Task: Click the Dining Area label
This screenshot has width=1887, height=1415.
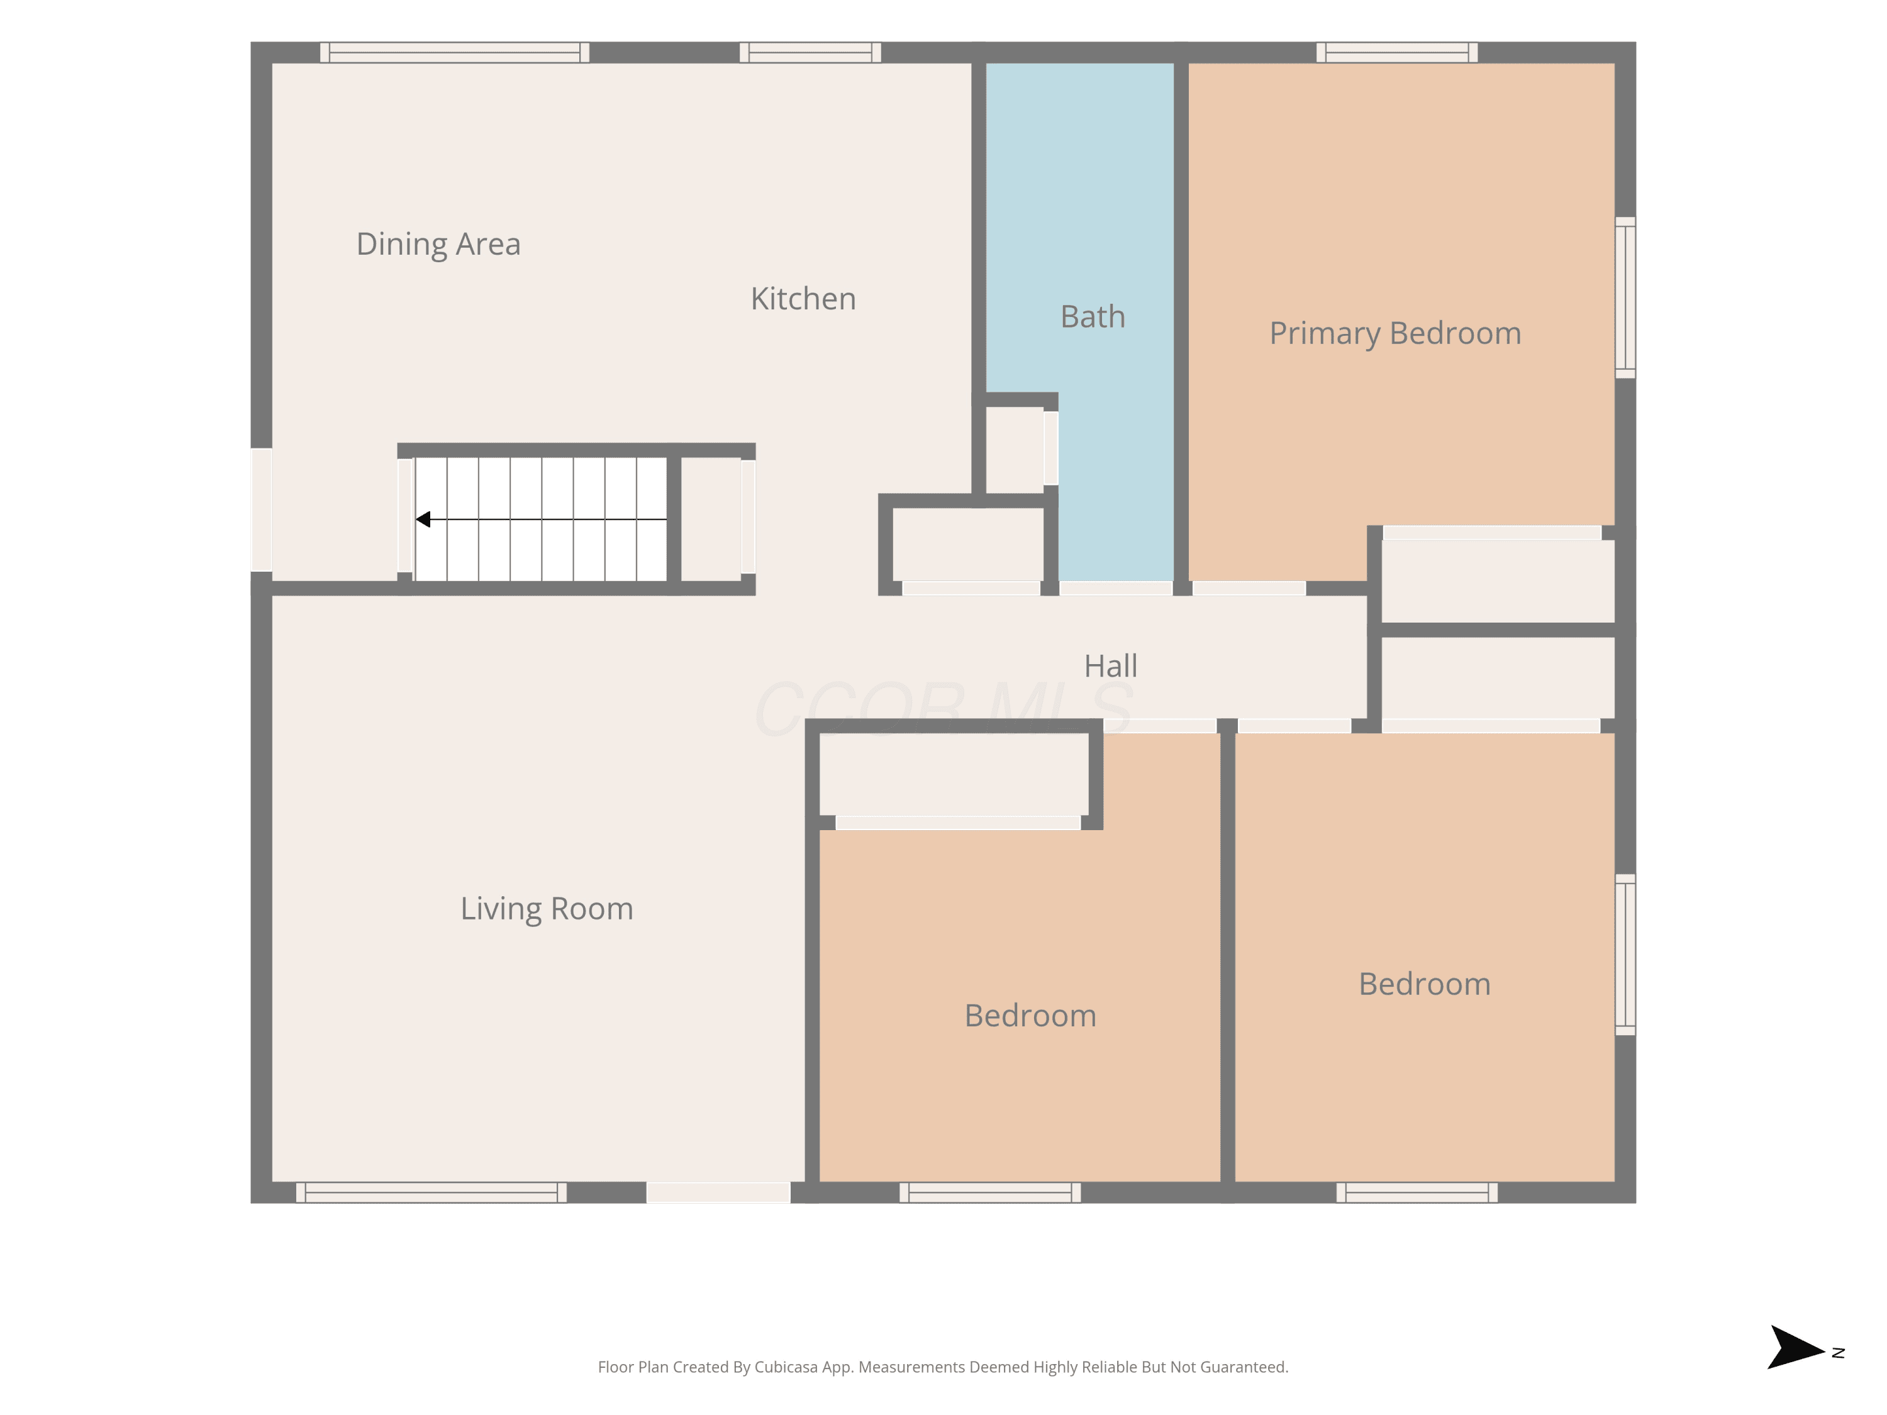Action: [x=438, y=245]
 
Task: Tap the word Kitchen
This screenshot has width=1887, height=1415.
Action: [x=803, y=299]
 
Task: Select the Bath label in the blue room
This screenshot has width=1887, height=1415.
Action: [x=1092, y=316]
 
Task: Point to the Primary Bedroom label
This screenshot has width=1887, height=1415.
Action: [x=1394, y=333]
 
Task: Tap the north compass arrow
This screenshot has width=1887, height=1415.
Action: [x=1795, y=1348]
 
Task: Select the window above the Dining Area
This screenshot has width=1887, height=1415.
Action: [x=455, y=53]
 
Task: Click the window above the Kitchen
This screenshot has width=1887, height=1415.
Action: [x=810, y=53]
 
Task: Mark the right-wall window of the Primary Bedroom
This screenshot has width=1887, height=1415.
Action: [x=1625, y=297]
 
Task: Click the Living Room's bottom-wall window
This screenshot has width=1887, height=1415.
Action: [x=431, y=1192]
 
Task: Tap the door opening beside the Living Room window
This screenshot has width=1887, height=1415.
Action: [x=718, y=1192]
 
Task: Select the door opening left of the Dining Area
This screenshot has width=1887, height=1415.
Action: [x=261, y=509]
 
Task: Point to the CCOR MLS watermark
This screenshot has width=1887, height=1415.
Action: [x=944, y=709]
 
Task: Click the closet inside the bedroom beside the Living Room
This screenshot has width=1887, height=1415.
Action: [x=954, y=774]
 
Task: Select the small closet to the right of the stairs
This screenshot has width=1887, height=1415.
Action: [x=711, y=519]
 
